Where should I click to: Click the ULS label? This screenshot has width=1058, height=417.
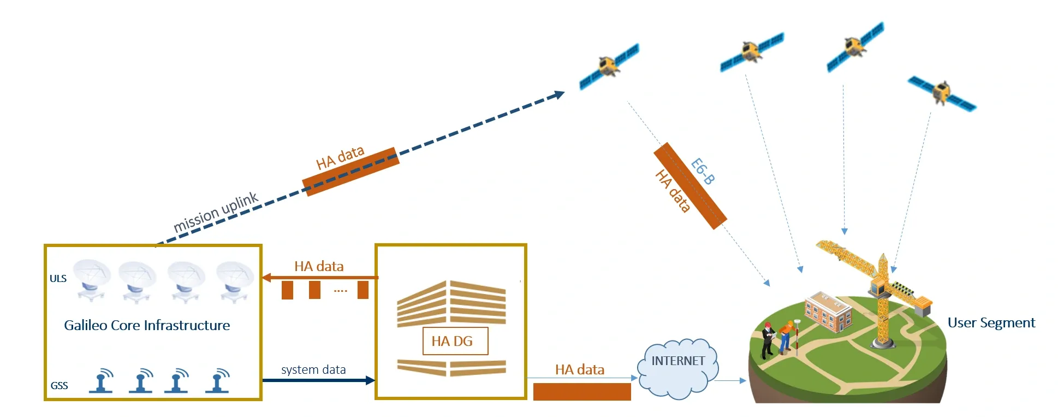coord(58,279)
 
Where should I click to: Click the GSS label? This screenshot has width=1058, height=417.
coord(59,386)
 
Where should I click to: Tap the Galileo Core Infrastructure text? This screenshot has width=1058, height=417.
coord(147,326)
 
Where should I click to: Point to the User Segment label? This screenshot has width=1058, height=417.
coord(991,323)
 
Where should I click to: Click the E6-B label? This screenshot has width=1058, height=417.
coord(703,171)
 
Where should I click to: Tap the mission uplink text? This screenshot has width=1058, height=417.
coord(215,212)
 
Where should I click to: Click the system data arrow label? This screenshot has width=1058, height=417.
coord(313,370)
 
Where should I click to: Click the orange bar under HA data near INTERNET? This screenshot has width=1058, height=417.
coord(581,392)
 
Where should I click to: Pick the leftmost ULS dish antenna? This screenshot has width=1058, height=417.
coord(92,279)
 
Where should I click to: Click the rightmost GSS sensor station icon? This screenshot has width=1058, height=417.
coord(218,381)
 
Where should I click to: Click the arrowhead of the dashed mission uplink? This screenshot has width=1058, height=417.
coord(559,95)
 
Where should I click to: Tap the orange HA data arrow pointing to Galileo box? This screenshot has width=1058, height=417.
coord(319,278)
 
